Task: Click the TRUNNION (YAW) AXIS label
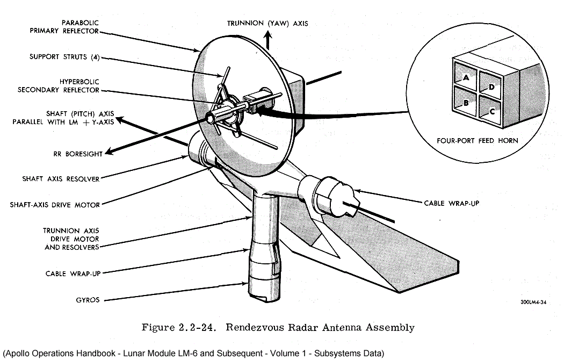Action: (x=267, y=23)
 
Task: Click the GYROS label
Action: (x=88, y=300)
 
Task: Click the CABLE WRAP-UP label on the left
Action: (x=73, y=273)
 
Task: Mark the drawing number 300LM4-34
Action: (x=533, y=303)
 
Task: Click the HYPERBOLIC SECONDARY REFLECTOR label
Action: (x=59, y=85)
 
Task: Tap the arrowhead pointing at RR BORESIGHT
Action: (x=109, y=154)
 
